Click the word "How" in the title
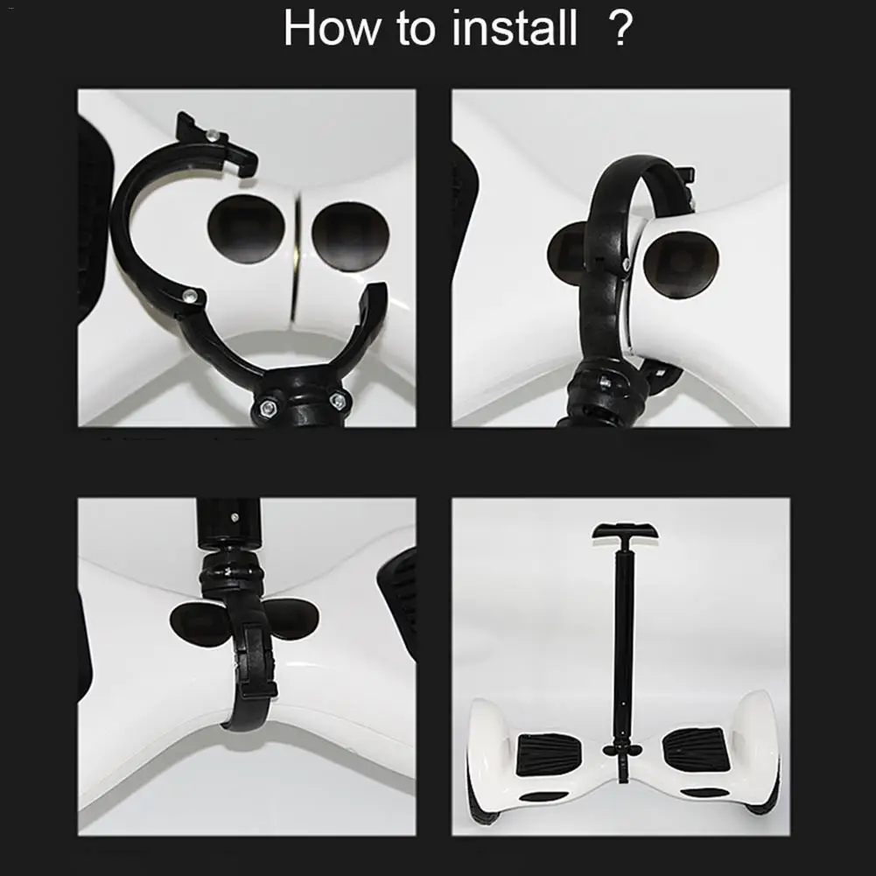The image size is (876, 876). (331, 28)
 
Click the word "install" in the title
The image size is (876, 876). (514, 28)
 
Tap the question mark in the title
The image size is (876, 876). (620, 28)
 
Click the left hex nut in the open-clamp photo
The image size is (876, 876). (267, 407)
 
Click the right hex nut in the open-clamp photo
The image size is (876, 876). (338, 400)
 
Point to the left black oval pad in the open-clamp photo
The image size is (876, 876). (246, 229)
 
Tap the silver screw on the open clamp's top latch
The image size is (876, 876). (212, 134)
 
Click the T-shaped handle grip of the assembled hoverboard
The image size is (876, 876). (625, 530)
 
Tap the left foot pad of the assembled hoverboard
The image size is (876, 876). (548, 753)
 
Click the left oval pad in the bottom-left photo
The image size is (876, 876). (197, 624)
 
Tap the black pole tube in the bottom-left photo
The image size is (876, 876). (228, 522)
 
